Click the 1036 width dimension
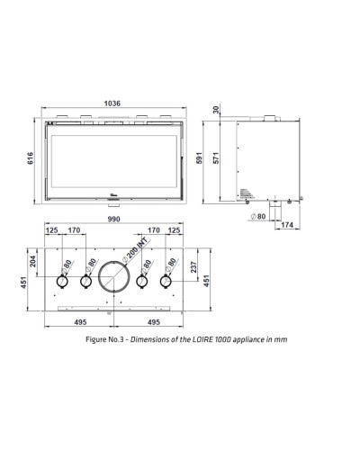[112, 103]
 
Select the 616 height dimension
[31, 158]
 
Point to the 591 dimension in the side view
[200, 158]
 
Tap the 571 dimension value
[216, 158]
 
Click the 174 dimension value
[287, 225]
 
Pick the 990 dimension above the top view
[114, 219]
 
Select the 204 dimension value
[33, 261]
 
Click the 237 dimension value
[193, 267]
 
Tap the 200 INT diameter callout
[136, 249]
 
